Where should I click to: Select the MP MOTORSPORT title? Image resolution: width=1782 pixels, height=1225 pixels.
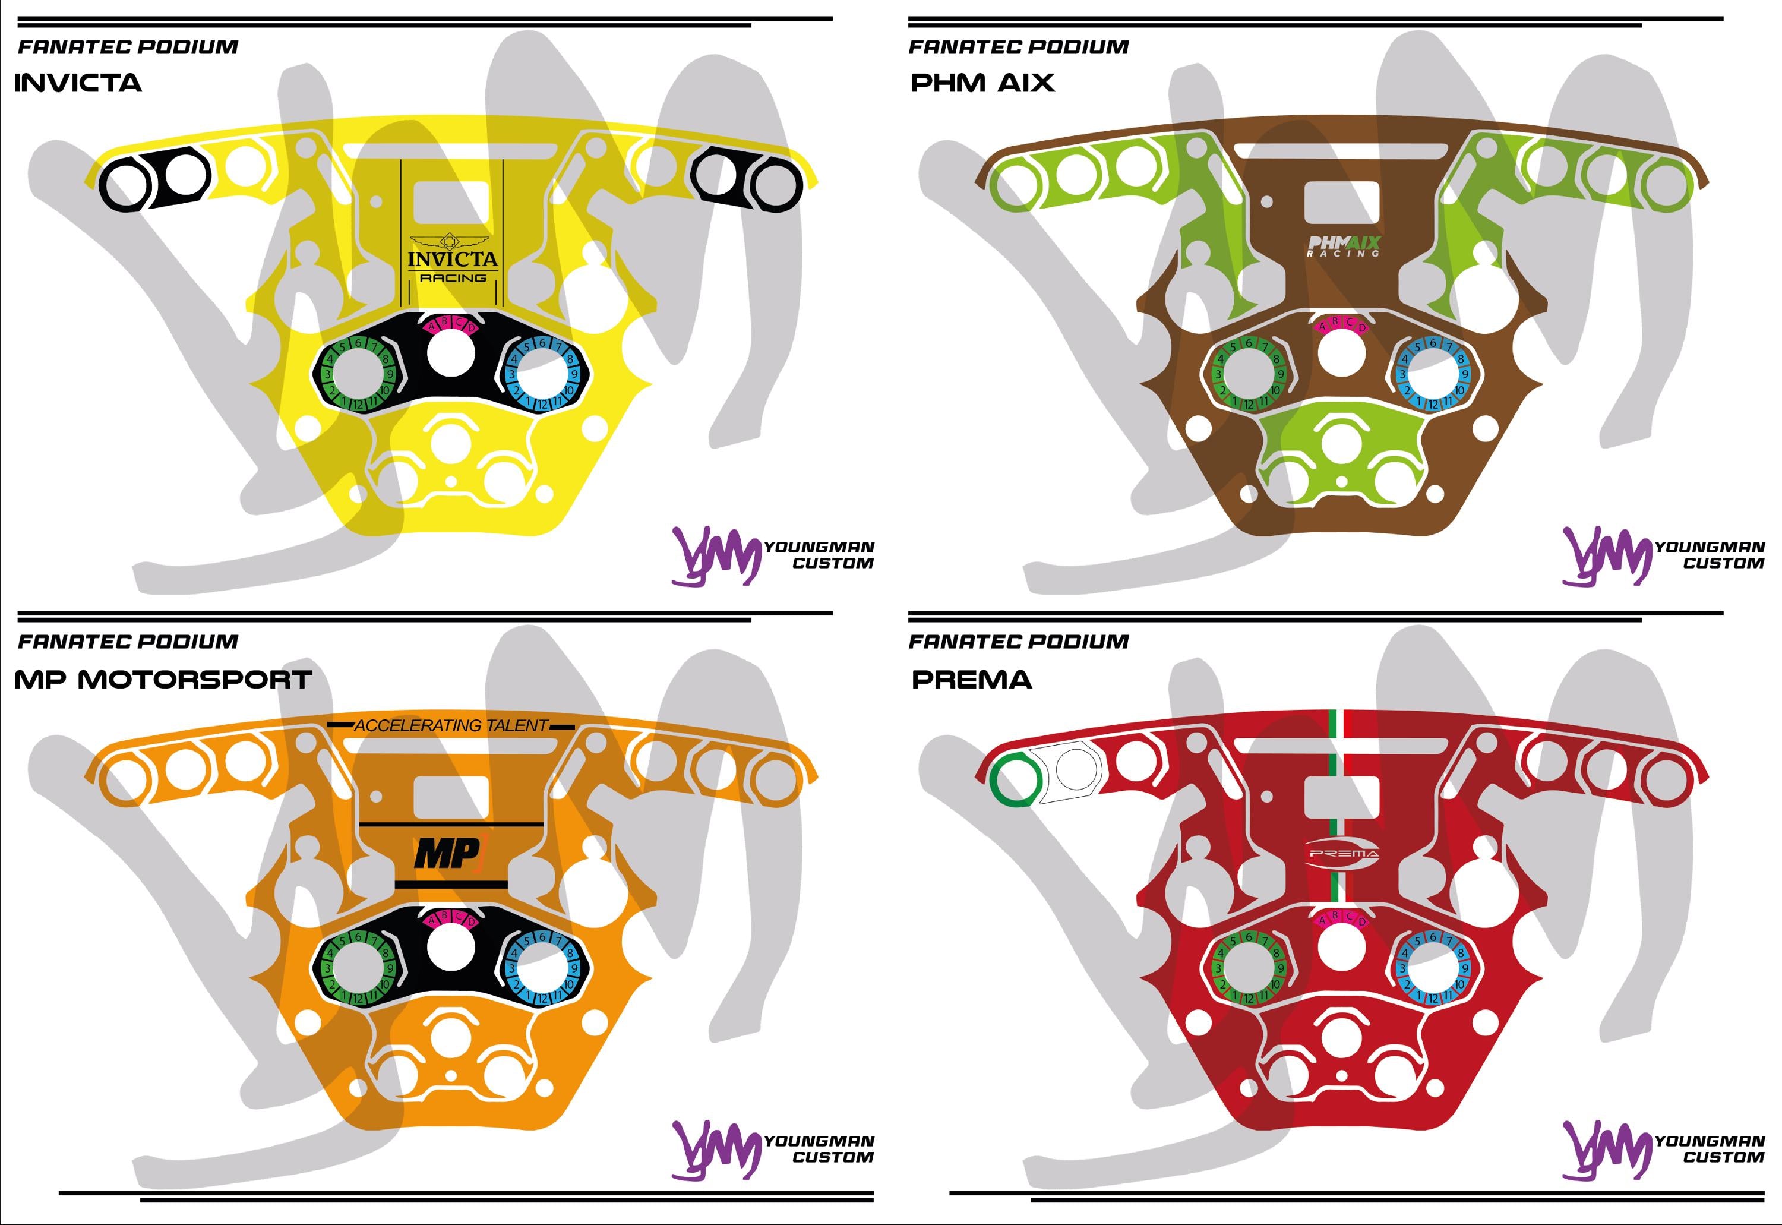click(x=163, y=679)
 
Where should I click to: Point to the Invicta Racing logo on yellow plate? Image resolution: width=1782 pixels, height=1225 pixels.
click(x=452, y=261)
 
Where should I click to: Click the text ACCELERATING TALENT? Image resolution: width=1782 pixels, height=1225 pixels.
click(x=451, y=725)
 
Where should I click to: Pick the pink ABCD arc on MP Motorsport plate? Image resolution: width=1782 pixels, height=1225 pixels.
click(x=450, y=918)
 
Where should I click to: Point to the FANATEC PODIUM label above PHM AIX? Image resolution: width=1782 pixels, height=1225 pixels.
click(x=1018, y=48)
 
